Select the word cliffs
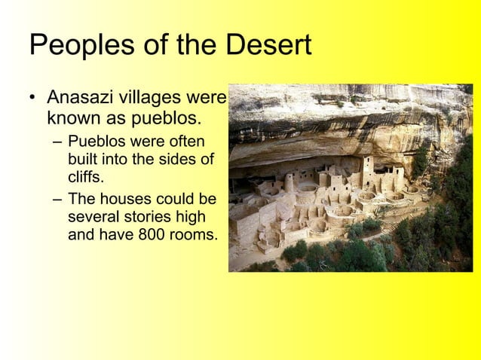coord(84,178)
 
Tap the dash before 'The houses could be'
coord(57,200)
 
